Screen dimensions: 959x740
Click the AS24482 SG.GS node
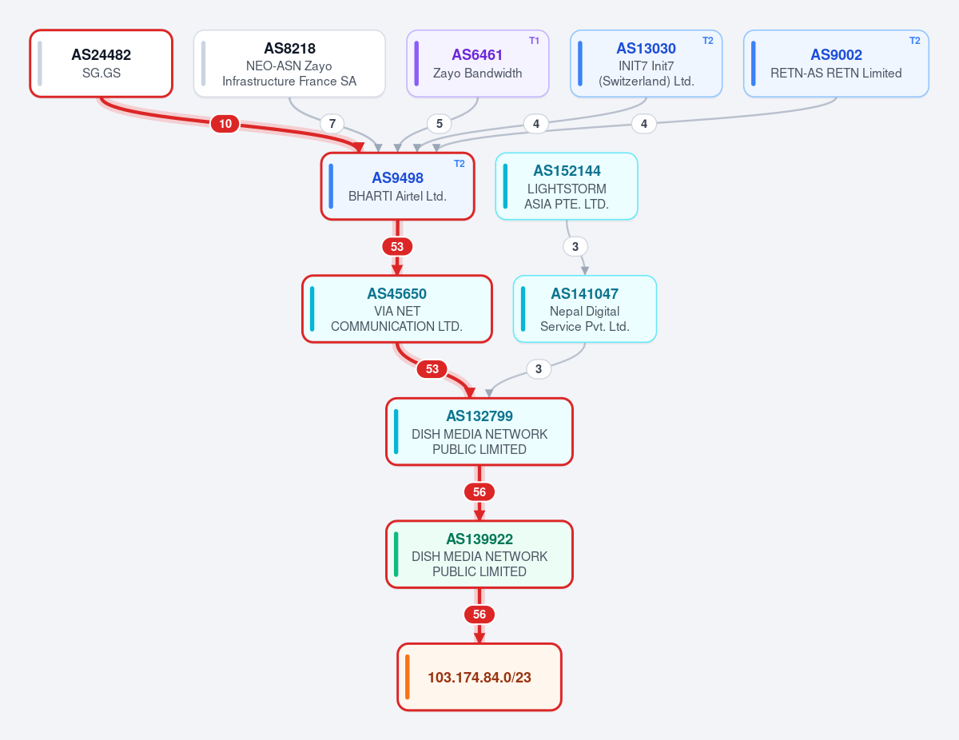coord(101,64)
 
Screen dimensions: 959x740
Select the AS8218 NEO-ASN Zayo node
coord(289,64)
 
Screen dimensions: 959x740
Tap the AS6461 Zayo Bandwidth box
coord(478,64)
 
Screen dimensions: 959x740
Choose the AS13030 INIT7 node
coord(646,64)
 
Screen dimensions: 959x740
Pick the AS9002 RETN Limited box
coord(836,64)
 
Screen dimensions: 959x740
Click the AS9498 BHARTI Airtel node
coord(398,186)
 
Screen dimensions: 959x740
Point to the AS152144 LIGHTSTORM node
coord(567,186)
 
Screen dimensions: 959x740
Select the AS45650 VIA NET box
coord(397,309)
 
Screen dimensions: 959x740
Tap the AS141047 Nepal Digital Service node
coord(585,309)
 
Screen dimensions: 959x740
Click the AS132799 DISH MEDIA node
coord(479,432)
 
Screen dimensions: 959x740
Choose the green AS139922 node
coord(479,555)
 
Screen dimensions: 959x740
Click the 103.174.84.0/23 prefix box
coord(479,677)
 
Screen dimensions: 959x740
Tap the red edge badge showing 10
coord(225,124)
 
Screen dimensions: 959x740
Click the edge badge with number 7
coord(332,124)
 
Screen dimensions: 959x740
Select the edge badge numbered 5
coord(439,124)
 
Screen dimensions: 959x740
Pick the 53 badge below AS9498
coord(397,246)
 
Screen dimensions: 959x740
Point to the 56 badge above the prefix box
coord(479,615)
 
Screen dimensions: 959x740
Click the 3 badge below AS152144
coord(575,246)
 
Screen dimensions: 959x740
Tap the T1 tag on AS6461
coord(534,41)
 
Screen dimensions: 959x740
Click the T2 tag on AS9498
coord(460,164)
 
